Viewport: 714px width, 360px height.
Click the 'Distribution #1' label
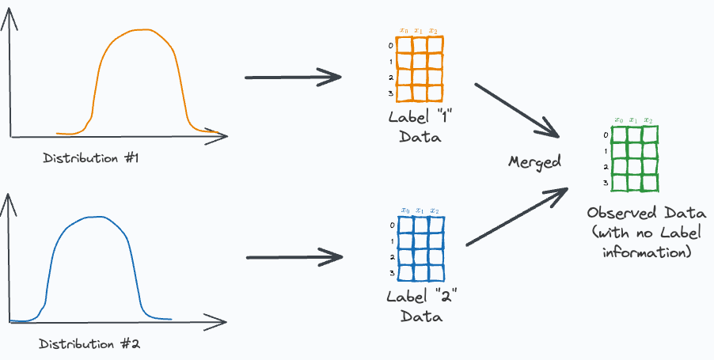91,158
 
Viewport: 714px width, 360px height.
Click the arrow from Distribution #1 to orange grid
293,78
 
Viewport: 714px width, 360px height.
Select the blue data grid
421,250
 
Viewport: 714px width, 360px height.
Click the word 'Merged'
534,162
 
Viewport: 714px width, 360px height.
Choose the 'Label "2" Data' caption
422,307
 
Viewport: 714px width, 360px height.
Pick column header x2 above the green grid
648,120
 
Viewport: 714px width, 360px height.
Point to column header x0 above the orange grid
404,32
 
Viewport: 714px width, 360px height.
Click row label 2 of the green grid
606,168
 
